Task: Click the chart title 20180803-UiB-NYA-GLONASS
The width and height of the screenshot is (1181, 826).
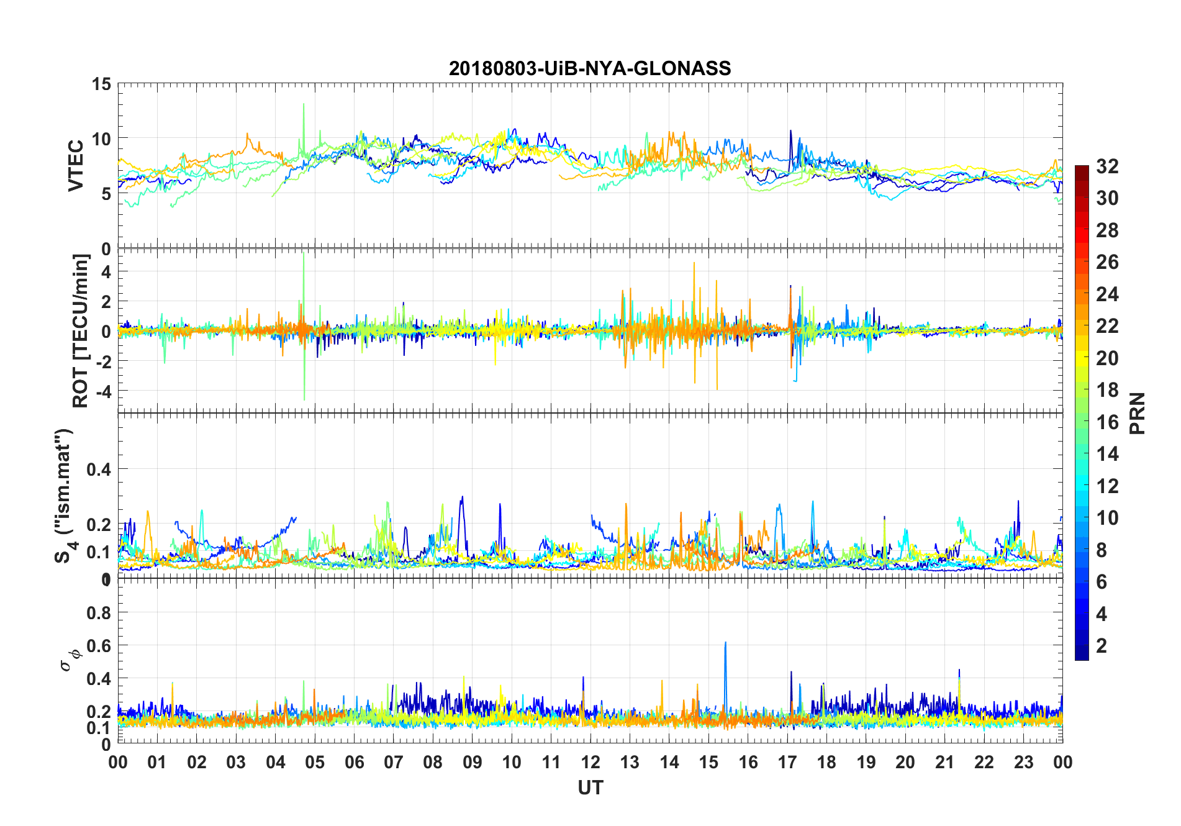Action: tap(590, 68)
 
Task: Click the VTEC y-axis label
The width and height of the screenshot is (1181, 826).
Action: tap(76, 166)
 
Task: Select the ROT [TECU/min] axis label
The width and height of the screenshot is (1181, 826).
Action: tap(81, 330)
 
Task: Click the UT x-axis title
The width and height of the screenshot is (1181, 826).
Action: tap(590, 787)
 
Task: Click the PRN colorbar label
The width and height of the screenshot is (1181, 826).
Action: tap(1137, 413)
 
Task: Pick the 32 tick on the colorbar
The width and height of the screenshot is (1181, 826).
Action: tap(1107, 166)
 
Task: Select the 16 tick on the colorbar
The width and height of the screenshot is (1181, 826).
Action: tap(1107, 422)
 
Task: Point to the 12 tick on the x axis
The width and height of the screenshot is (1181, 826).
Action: tap(590, 762)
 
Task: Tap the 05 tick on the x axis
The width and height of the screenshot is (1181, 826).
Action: tap(315, 762)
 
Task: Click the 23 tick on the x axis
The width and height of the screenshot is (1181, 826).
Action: tap(1023, 762)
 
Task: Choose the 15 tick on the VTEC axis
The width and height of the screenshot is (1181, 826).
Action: tap(101, 84)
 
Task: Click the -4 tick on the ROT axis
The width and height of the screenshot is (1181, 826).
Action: tap(102, 391)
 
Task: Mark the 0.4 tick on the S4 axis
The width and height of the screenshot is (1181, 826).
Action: tap(99, 470)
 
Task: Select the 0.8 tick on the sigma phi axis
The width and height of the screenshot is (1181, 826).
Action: tap(99, 613)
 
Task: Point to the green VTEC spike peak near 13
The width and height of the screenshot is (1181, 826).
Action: tap(304, 104)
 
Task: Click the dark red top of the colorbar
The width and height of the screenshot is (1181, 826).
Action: tap(1082, 169)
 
